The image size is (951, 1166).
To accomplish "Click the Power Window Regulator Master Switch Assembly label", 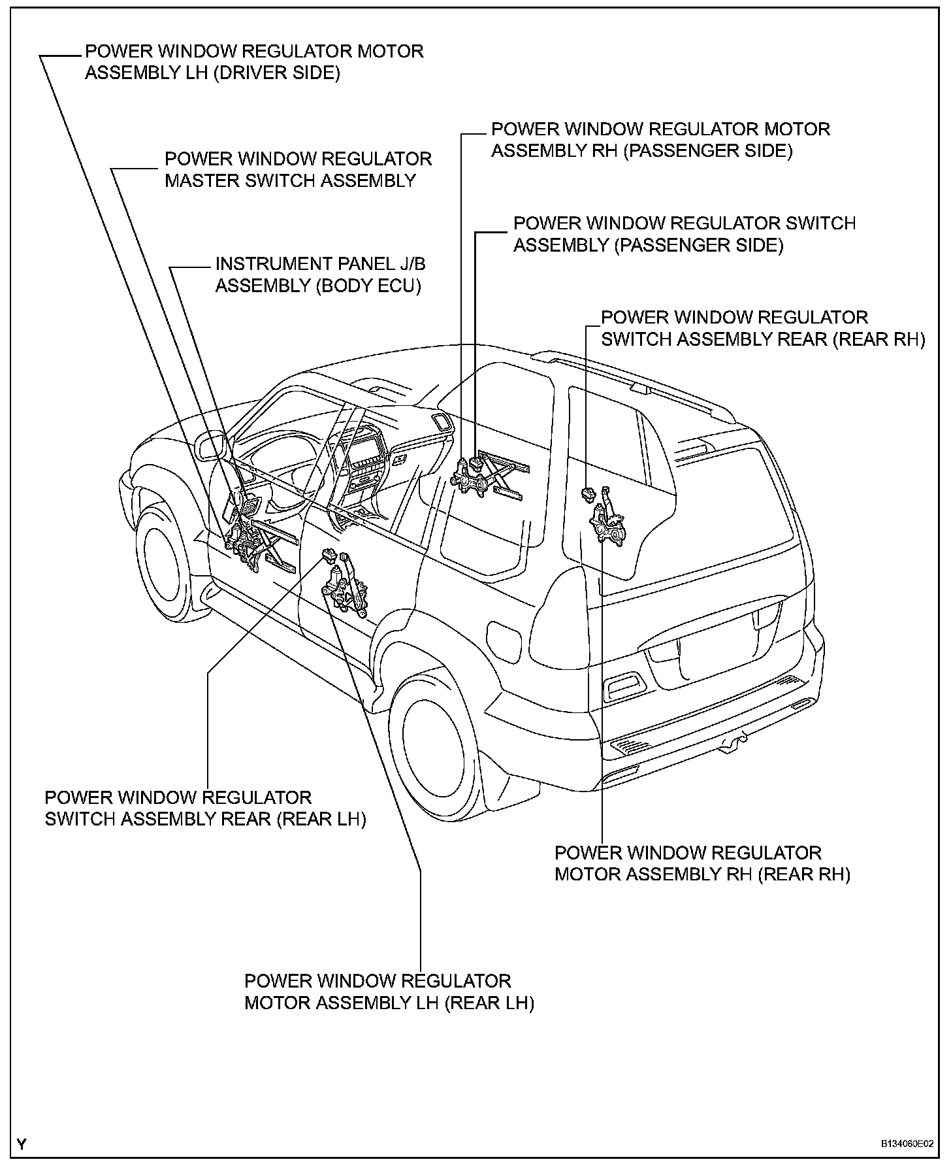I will [x=298, y=170].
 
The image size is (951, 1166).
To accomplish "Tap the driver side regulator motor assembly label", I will [x=254, y=61].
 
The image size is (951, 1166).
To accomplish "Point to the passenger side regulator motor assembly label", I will [x=660, y=139].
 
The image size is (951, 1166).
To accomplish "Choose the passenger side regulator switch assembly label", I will [x=684, y=234].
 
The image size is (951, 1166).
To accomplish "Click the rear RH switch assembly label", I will [x=763, y=328].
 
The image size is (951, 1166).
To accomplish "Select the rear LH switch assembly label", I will [x=205, y=808].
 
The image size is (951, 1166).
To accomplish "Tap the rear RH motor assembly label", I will [x=702, y=863].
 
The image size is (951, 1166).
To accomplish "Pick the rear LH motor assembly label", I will [x=389, y=991].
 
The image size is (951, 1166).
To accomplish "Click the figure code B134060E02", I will [x=907, y=1144].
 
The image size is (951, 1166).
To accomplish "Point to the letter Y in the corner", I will [x=22, y=1144].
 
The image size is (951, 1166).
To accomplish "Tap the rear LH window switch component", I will [x=328, y=556].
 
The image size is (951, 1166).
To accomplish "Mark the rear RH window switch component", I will [x=588, y=493].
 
